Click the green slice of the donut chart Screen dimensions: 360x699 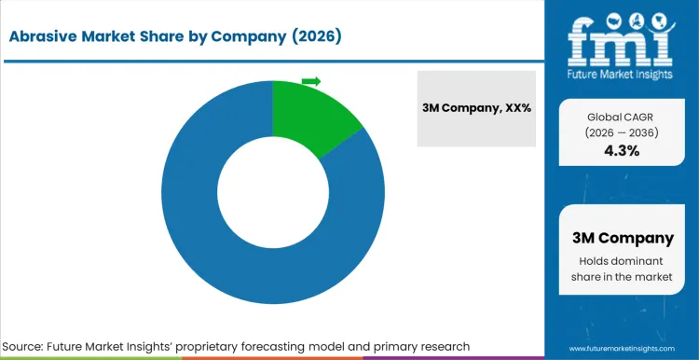click(x=312, y=118)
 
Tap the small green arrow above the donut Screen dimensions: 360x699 click(x=311, y=81)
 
